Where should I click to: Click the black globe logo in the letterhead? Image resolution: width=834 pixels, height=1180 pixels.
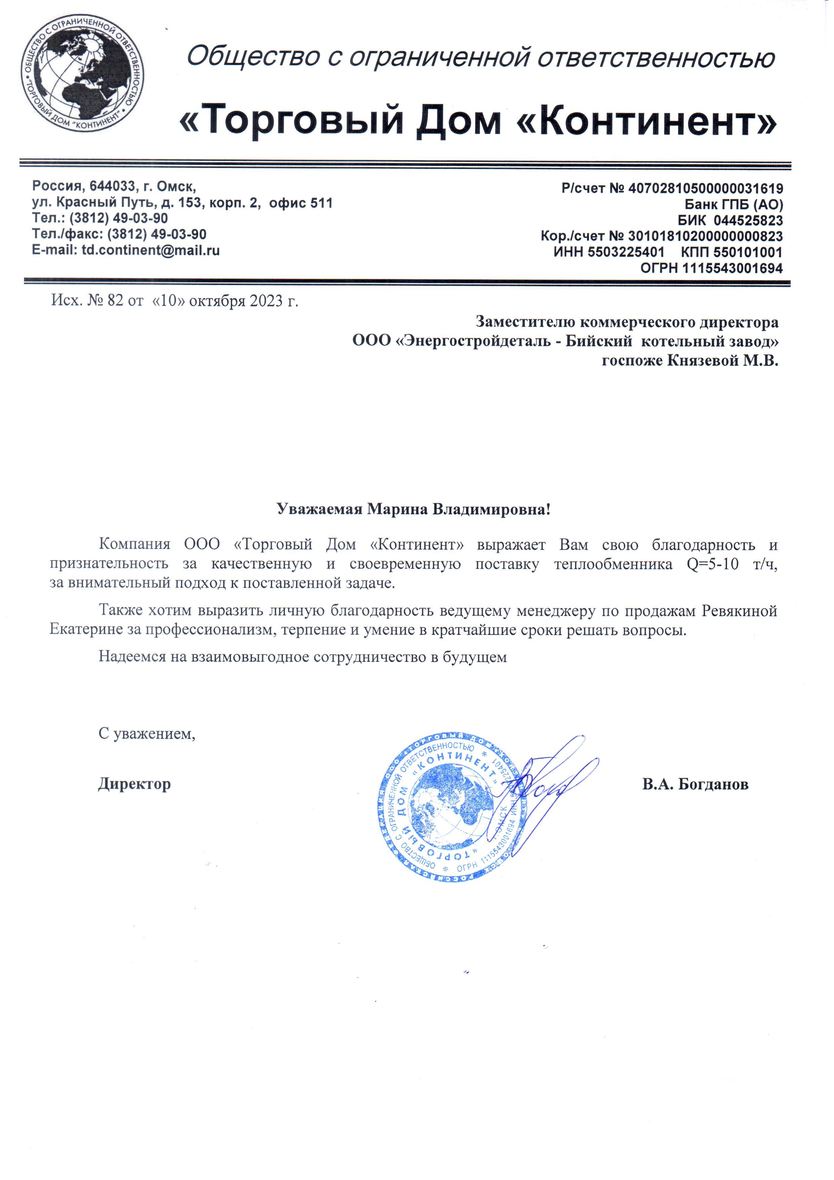point(82,73)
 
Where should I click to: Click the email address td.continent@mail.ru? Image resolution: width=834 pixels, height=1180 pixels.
point(151,251)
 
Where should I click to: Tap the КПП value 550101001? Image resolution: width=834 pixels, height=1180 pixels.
point(747,252)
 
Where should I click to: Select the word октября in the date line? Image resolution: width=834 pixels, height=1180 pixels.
point(217,301)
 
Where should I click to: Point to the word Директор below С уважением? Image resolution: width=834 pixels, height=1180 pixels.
point(134,784)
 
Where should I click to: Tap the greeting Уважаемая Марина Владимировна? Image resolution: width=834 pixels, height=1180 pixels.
point(413,509)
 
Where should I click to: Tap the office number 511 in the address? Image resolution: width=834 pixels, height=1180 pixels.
point(321,203)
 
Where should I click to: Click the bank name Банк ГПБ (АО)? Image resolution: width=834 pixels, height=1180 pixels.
point(733,205)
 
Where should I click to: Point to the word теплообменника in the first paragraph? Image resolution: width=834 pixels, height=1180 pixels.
point(613,564)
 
